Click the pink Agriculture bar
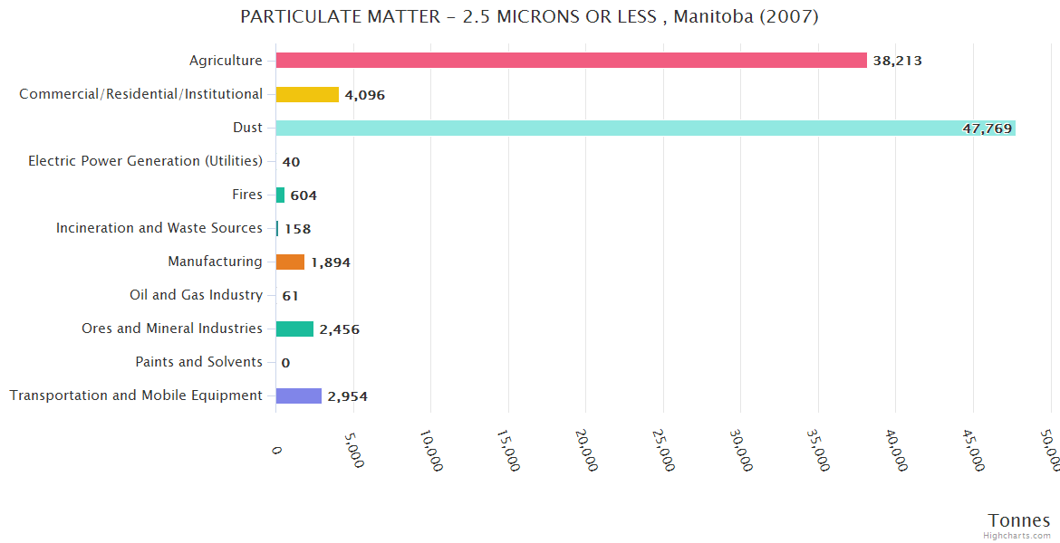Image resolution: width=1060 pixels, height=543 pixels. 571,61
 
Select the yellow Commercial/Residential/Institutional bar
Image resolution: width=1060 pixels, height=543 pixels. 307,94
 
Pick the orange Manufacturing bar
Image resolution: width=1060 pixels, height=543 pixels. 290,262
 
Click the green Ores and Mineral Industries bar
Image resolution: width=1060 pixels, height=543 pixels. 294,329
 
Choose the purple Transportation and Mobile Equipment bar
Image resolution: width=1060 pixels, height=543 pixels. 298,395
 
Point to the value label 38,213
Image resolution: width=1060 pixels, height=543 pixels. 897,61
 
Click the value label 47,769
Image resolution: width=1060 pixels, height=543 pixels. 987,129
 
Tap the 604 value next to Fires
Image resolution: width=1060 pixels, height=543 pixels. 304,195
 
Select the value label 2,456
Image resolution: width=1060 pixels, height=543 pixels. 339,329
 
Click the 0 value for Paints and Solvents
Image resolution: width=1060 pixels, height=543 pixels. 285,363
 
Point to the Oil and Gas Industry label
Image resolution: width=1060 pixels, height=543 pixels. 196,295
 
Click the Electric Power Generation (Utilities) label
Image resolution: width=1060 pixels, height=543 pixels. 145,161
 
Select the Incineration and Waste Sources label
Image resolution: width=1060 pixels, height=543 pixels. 159,228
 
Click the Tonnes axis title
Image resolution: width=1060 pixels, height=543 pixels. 1018,520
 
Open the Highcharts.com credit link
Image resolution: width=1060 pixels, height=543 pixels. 1019,536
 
